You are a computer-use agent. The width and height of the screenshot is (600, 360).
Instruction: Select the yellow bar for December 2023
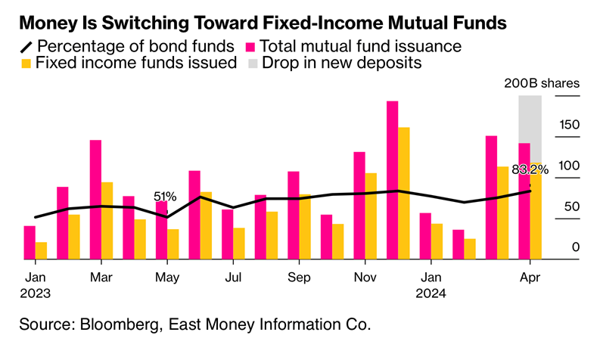404,193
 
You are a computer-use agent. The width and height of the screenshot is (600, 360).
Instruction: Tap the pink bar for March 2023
95,200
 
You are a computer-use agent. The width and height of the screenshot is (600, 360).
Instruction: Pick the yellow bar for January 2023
41,250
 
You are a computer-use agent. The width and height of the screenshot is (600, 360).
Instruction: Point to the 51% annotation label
165,197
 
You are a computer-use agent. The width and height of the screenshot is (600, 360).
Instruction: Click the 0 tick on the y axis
576,247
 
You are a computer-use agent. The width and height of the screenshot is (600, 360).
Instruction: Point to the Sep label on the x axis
299,277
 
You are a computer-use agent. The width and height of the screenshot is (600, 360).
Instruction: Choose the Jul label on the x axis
232,277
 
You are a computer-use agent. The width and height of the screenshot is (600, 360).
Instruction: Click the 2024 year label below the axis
431,292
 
